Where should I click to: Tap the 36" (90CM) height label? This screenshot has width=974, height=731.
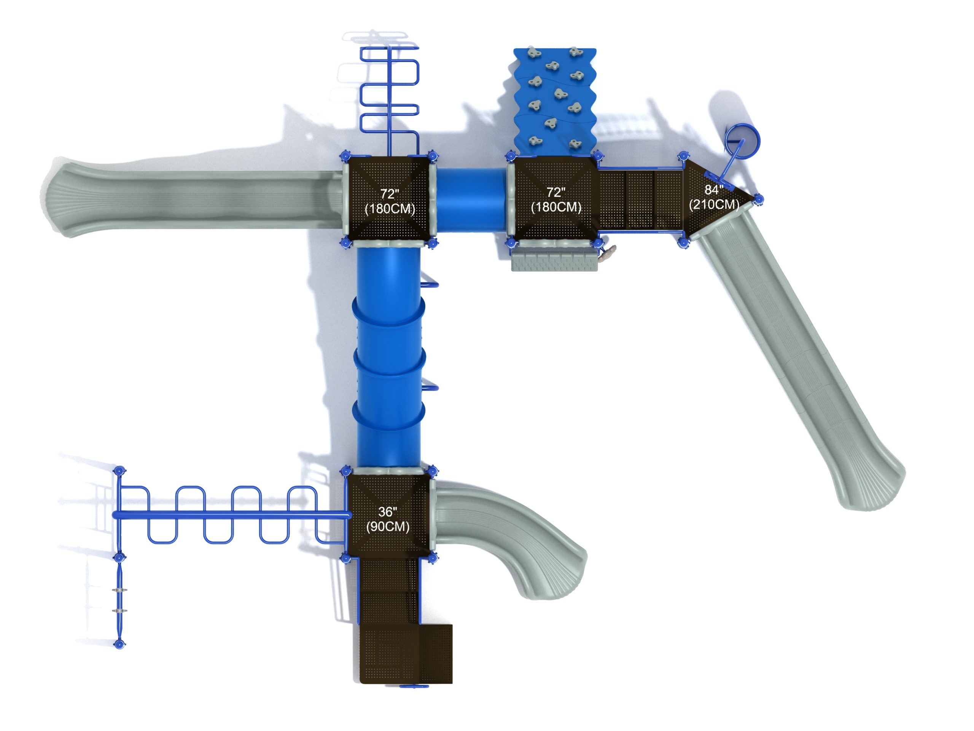coord(387,519)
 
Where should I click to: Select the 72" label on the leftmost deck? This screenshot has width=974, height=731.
coord(389,194)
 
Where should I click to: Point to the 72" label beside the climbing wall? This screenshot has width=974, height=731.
coord(556,192)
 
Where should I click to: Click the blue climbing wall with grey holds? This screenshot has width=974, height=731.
coord(555,101)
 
